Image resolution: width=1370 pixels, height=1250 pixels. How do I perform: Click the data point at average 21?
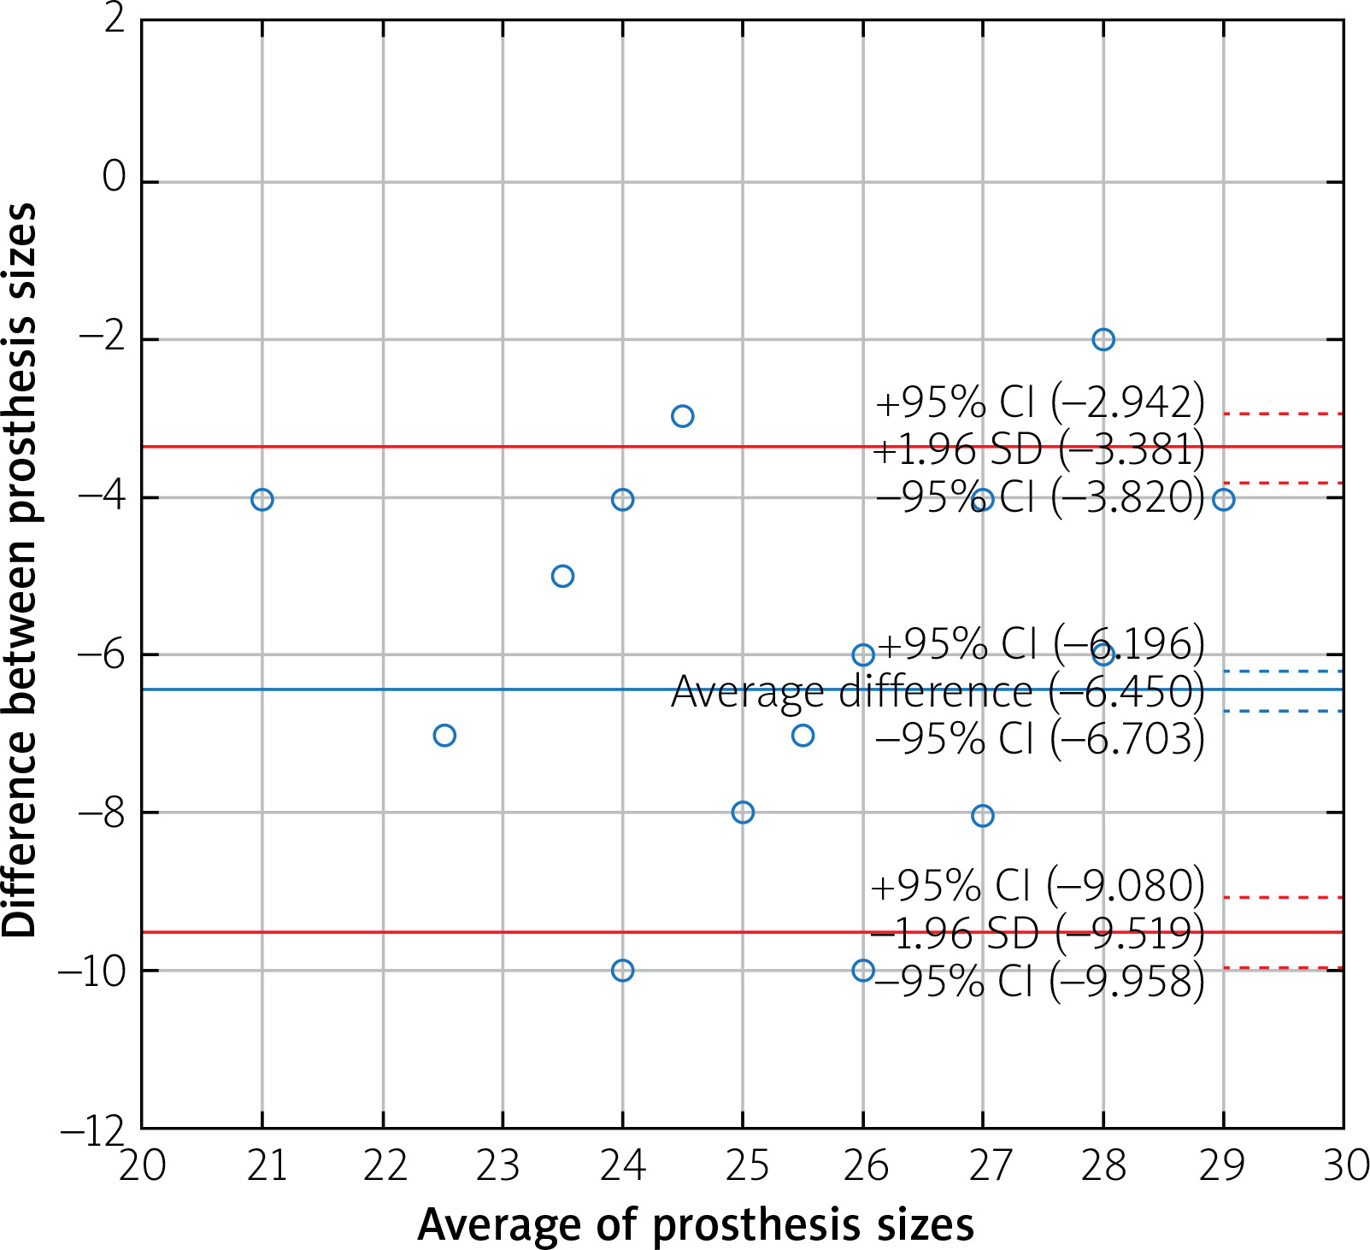262,499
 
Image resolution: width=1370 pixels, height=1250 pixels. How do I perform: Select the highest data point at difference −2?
1103,339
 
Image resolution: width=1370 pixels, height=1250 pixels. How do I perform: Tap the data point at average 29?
1223,499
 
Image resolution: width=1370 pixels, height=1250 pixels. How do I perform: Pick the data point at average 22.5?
444,735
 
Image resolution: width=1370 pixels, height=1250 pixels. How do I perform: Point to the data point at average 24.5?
682,416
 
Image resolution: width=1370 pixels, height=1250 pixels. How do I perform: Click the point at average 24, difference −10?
622,970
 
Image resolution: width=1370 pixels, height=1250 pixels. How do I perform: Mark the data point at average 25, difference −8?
743,812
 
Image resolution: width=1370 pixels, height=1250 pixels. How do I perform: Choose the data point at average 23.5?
562,576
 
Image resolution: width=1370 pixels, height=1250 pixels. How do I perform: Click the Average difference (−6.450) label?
938,691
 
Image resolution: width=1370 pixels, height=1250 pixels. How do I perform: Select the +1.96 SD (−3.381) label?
1038,449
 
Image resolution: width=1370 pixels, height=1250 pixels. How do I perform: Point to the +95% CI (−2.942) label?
1039,402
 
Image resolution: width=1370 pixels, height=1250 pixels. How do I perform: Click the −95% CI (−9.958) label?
1039,981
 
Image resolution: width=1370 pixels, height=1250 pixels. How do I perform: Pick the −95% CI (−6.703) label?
1039,738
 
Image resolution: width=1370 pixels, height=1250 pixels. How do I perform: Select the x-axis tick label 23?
503,1165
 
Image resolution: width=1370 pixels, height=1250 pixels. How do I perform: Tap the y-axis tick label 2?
115,19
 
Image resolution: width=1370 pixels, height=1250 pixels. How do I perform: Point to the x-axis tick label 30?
1345,1165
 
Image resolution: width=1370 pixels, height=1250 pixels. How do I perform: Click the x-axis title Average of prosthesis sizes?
696,1224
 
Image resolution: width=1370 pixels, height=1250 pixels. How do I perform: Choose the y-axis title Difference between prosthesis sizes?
21,571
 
